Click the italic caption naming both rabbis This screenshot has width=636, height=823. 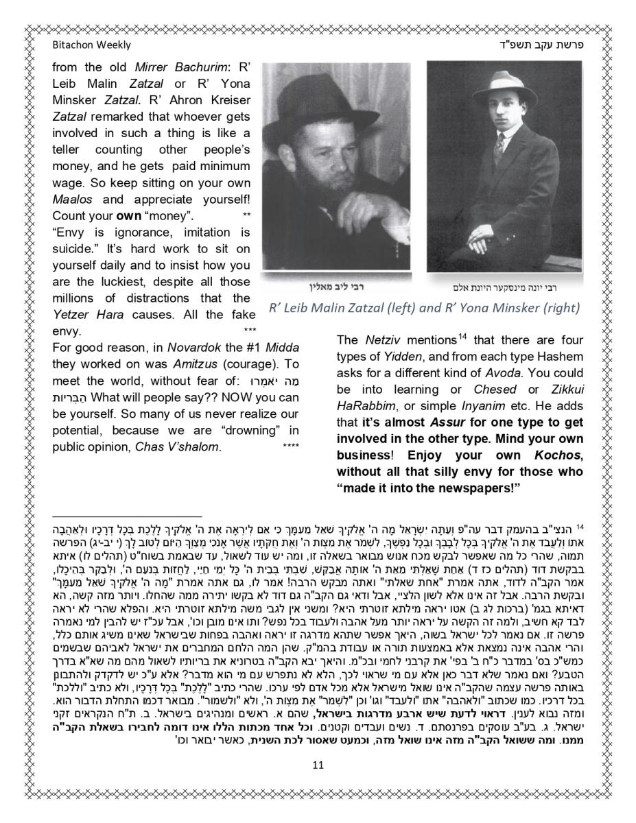point(424,308)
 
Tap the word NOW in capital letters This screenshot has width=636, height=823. point(252,397)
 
